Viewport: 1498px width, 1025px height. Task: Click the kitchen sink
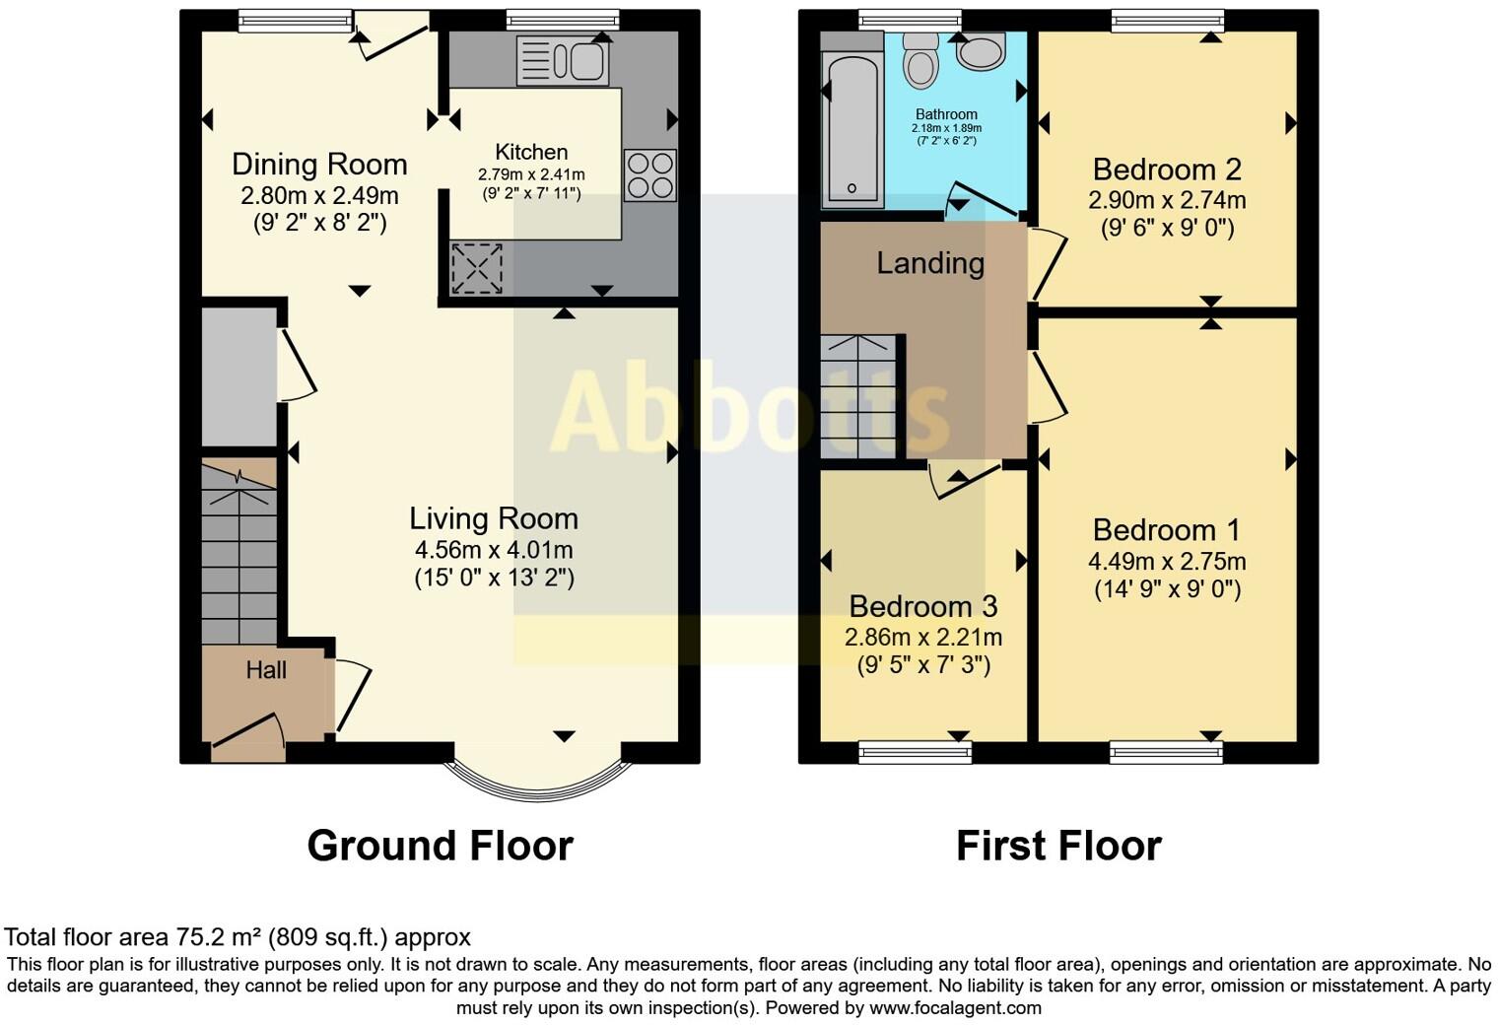click(562, 61)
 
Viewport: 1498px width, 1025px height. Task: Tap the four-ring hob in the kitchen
click(650, 174)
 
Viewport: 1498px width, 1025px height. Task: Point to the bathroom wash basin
click(980, 50)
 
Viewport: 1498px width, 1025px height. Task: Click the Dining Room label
click(319, 164)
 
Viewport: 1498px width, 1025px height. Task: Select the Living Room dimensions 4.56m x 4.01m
click(494, 550)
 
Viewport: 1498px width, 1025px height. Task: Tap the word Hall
click(266, 670)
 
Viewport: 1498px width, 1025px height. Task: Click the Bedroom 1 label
click(1167, 530)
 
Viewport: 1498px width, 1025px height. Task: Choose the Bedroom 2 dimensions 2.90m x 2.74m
click(1167, 200)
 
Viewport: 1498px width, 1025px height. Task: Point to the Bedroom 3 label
click(923, 606)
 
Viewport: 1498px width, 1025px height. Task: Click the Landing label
click(930, 263)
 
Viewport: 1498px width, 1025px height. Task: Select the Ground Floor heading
click(440, 846)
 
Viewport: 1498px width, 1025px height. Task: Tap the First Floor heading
click(1058, 846)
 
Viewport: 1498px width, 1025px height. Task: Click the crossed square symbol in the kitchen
click(477, 268)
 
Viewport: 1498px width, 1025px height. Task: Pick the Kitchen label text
click(531, 152)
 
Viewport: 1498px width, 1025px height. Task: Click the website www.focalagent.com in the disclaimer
click(955, 1008)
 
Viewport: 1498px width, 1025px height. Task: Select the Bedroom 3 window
click(916, 753)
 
